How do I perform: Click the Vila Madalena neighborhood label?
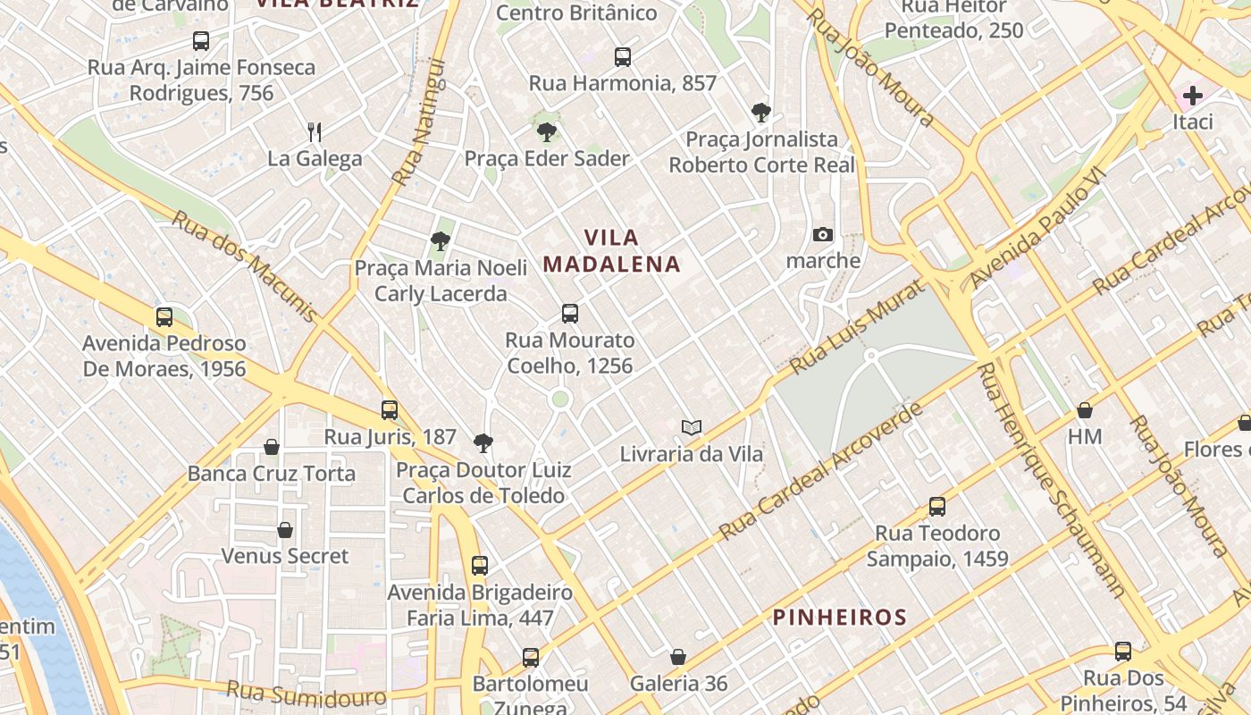coord(612,251)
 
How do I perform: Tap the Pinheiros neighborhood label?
coord(839,617)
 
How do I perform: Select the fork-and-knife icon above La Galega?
coord(315,132)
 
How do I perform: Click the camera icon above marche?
coord(823,235)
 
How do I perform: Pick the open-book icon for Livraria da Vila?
coord(692,427)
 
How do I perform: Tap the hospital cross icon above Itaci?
coord(1192,96)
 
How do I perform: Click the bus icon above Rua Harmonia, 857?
coord(623,57)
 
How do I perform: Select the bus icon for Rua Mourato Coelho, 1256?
coord(570,314)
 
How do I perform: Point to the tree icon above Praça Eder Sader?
coord(546,132)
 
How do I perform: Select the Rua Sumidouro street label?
coord(306,694)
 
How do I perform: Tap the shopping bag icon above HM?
coord(1085,410)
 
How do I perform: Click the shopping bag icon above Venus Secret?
coord(285,530)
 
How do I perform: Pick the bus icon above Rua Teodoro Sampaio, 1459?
coord(937,507)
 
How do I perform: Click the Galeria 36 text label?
coord(679,684)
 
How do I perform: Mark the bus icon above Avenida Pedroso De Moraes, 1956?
coord(164,316)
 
